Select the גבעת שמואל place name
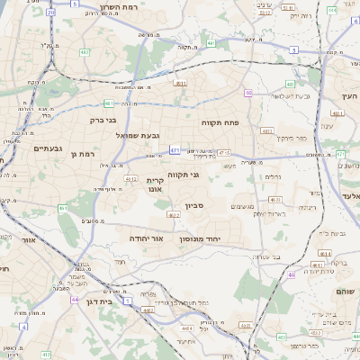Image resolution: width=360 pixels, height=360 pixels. point(138,135)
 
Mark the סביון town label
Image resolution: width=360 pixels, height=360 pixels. point(195,205)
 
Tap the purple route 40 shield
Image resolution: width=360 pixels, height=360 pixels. point(247,92)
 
